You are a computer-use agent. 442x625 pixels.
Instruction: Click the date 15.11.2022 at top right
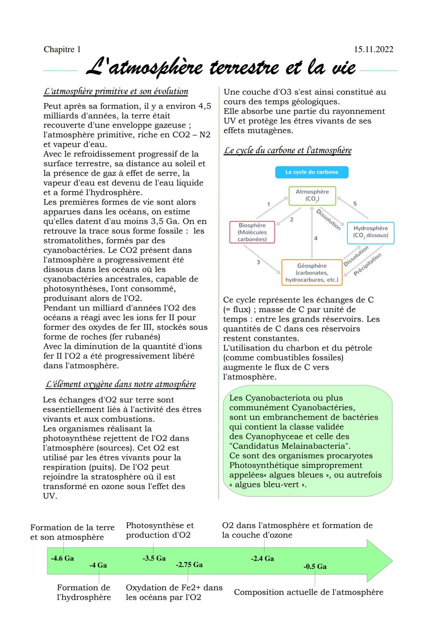(373, 49)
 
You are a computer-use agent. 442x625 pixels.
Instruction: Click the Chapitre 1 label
(62, 49)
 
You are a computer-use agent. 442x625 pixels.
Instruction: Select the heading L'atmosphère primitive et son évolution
(116, 91)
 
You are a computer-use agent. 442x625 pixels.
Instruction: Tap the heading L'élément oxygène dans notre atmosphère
(120, 384)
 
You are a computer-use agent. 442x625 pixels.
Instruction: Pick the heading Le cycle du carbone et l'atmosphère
(287, 150)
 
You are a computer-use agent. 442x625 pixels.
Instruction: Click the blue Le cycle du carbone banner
(311, 172)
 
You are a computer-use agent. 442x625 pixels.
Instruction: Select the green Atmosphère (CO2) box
(312, 196)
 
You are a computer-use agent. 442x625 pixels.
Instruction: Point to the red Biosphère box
(252, 232)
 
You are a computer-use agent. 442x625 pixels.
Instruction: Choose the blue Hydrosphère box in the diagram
(370, 232)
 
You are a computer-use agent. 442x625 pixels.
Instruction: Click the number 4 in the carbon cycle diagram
(316, 238)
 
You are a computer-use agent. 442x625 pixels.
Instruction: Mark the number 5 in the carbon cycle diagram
(355, 204)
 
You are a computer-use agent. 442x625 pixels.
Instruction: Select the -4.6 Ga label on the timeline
(62, 558)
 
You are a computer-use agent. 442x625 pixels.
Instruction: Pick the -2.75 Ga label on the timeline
(189, 564)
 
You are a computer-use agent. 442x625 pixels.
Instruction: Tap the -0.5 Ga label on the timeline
(315, 567)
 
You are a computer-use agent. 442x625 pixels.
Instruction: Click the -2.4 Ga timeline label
(262, 558)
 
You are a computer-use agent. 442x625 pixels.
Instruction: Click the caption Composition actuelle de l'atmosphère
(309, 592)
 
